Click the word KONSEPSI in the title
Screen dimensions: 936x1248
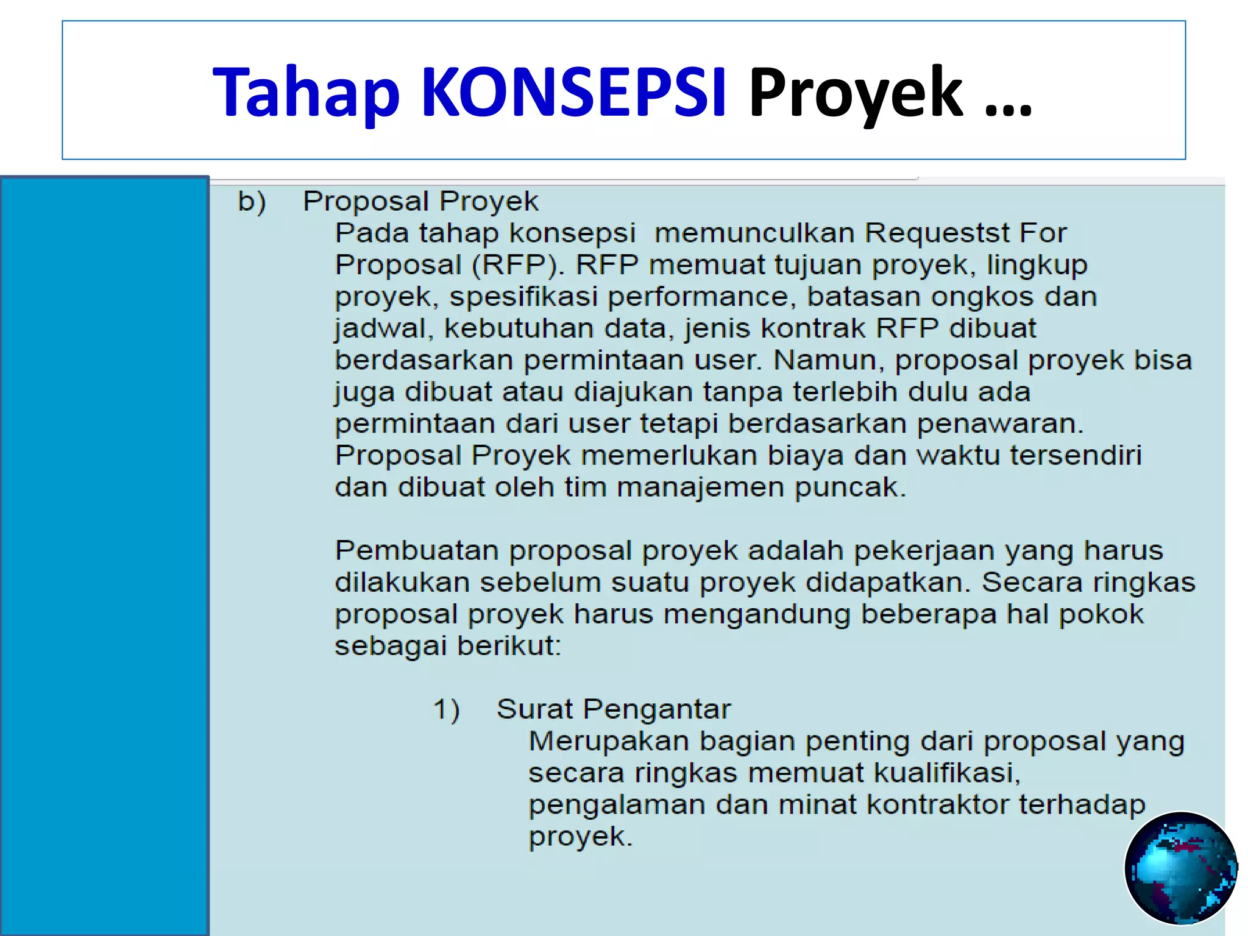(573, 93)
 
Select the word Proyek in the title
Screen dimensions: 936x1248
(855, 93)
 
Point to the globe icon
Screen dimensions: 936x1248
(1180, 868)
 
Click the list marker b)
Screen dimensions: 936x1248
(252, 202)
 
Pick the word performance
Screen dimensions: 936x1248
(698, 297)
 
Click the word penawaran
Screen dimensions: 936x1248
(999, 424)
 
